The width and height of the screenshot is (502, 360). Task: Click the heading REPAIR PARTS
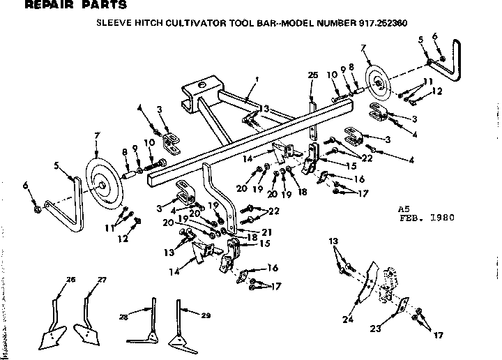[66, 6]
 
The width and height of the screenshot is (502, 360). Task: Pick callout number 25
[312, 75]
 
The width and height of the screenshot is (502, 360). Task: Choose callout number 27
[102, 279]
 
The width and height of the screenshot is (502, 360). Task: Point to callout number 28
[123, 317]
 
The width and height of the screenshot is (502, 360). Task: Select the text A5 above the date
[402, 208]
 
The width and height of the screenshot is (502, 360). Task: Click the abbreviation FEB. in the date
[409, 217]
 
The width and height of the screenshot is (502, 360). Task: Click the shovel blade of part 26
[50, 340]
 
